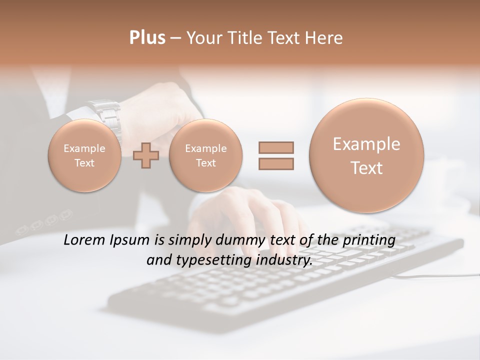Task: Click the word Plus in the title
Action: point(147,38)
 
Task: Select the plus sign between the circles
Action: point(146,155)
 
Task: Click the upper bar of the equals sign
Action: point(275,147)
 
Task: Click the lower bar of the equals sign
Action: point(275,163)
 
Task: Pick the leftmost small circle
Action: point(84,155)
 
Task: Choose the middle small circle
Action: point(205,155)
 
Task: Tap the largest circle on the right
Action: point(366,155)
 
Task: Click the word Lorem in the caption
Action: point(85,240)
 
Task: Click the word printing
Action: point(369,240)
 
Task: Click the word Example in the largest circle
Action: point(366,144)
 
